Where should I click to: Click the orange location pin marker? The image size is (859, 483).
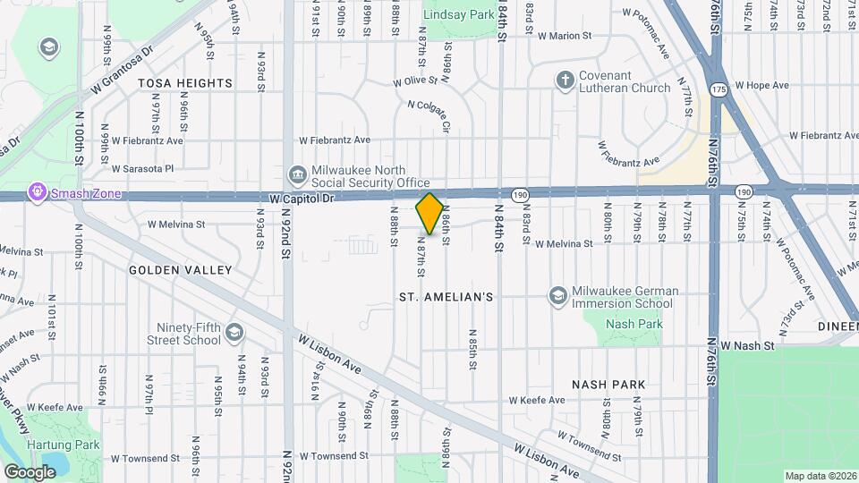click(x=429, y=213)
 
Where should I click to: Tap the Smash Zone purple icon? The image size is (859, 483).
click(x=37, y=192)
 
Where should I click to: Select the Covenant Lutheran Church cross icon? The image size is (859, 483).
click(x=565, y=80)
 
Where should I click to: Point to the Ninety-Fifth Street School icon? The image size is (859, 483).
click(x=234, y=333)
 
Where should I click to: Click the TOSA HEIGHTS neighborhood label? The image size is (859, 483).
click(x=185, y=83)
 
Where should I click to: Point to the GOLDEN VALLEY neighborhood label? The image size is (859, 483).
click(x=180, y=269)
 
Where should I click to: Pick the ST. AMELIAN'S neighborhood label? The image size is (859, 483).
click(x=445, y=296)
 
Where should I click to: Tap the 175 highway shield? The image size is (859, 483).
click(x=719, y=90)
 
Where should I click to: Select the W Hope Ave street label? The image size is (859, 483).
click(x=761, y=86)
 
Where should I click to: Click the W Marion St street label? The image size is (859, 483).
click(x=565, y=37)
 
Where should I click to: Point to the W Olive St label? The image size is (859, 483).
click(x=421, y=81)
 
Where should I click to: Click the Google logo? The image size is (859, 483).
click(x=30, y=471)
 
